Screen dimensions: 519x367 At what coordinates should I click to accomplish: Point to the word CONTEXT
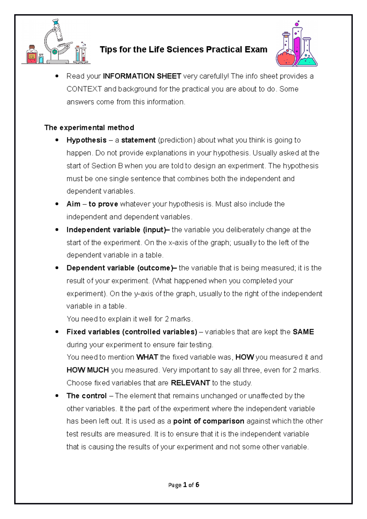pyautogui.click(x=84, y=89)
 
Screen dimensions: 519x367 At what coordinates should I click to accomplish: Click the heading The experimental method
pyautogui.click(x=89, y=127)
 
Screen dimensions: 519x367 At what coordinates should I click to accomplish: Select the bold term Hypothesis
pyautogui.click(x=86, y=140)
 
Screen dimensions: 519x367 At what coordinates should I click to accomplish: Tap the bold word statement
pyautogui.click(x=138, y=140)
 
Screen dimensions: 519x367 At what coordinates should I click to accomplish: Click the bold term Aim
pyautogui.click(x=73, y=204)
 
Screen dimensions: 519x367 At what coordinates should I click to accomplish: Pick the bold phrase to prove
pyautogui.click(x=103, y=204)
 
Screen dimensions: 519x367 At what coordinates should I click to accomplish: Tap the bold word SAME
pyautogui.click(x=303, y=332)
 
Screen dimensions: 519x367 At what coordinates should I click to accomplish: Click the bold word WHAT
pyautogui.click(x=147, y=357)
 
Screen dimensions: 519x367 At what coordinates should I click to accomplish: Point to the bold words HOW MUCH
pyautogui.click(x=87, y=370)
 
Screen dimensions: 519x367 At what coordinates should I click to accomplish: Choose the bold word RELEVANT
pyautogui.click(x=190, y=383)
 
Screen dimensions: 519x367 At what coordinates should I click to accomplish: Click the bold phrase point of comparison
pyautogui.click(x=209, y=421)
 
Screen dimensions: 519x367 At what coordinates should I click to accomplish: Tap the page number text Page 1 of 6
pyautogui.click(x=183, y=485)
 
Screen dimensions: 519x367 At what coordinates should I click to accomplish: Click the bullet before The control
pyautogui.click(x=57, y=396)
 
